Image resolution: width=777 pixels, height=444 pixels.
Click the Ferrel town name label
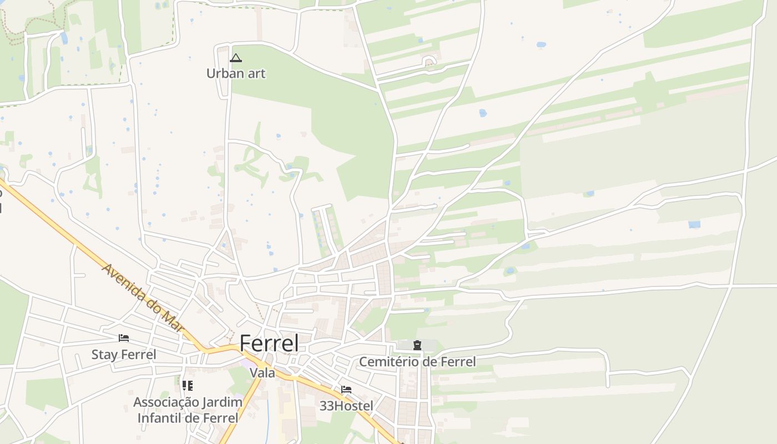click(x=269, y=344)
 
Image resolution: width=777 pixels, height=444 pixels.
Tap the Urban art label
click(x=236, y=73)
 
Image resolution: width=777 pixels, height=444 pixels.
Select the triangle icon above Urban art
click(x=236, y=58)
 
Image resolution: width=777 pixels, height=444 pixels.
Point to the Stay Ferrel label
click(x=124, y=355)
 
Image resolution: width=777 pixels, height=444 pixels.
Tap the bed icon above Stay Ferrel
click(x=124, y=337)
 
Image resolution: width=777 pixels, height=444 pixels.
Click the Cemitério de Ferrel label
click(x=417, y=362)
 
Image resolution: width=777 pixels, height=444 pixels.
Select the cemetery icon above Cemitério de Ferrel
click(x=417, y=345)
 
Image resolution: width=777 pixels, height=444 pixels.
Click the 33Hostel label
click(x=346, y=406)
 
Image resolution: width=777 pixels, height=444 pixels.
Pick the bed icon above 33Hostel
click(x=346, y=389)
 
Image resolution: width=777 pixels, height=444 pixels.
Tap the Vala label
click(x=262, y=373)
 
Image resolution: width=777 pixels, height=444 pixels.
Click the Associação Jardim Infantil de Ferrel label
click(x=188, y=410)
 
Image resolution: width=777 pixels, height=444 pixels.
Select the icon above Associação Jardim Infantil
click(x=188, y=385)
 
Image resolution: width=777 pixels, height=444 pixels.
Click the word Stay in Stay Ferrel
click(x=104, y=355)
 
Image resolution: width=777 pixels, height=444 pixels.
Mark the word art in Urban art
click(x=255, y=73)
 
